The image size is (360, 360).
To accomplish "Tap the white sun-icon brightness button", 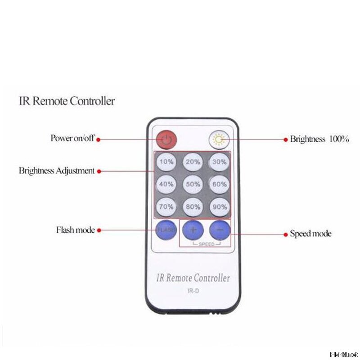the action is coord(219,139).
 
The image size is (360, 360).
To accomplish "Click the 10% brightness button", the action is coord(166,162).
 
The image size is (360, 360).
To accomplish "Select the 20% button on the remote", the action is coord(193,162).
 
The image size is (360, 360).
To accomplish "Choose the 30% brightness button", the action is coord(220,162).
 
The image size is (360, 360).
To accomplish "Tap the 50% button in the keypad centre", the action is coord(193,184).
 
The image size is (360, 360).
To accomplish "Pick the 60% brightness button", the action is coord(220,184).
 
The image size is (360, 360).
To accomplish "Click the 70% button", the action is coord(166,207).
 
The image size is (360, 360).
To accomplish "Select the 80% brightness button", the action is coord(193,207).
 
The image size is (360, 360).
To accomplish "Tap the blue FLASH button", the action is coord(166,230).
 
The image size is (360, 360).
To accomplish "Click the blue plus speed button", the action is coord(193,230).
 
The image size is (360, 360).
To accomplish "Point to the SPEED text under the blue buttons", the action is coord(207,244).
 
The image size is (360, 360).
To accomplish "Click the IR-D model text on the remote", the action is coord(193,291).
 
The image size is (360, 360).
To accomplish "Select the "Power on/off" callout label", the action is coord(72,138).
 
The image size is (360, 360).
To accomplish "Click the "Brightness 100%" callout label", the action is coord(319,139).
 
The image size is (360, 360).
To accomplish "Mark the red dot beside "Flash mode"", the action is coord(99,230).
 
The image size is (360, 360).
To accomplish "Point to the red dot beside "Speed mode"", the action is coord(286,234).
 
